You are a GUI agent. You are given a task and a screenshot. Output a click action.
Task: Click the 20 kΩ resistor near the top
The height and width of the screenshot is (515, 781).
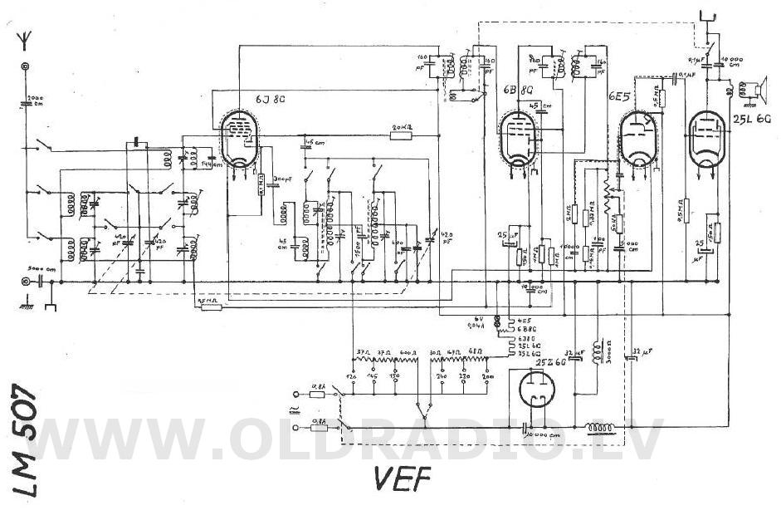click(x=402, y=134)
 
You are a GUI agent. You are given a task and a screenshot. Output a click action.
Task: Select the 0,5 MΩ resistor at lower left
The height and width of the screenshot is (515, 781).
click(x=212, y=306)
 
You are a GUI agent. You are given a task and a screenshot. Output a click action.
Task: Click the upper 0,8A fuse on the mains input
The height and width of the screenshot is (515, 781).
click(x=318, y=395)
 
